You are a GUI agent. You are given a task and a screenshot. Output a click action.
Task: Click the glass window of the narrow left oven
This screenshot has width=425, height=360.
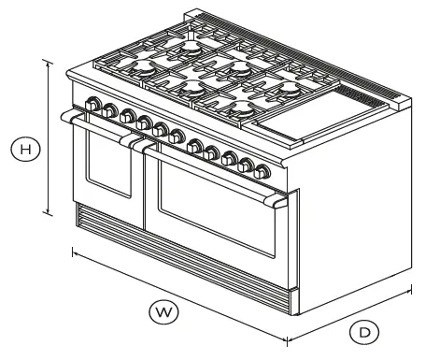click(109, 168)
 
